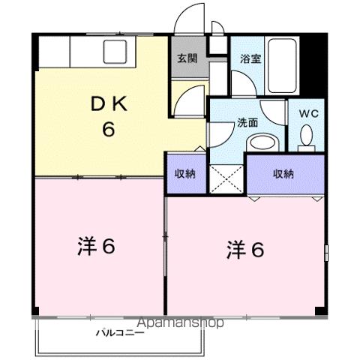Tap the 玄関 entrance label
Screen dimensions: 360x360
(x=187, y=58)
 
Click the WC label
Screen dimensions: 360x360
(x=308, y=114)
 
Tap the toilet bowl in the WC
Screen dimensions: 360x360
(x=307, y=136)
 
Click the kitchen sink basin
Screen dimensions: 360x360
(x=116, y=52)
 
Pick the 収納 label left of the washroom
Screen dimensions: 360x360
(x=185, y=173)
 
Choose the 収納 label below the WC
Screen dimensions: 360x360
(x=283, y=173)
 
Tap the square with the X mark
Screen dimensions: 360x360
(x=227, y=178)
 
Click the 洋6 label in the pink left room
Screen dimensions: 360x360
(x=96, y=245)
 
